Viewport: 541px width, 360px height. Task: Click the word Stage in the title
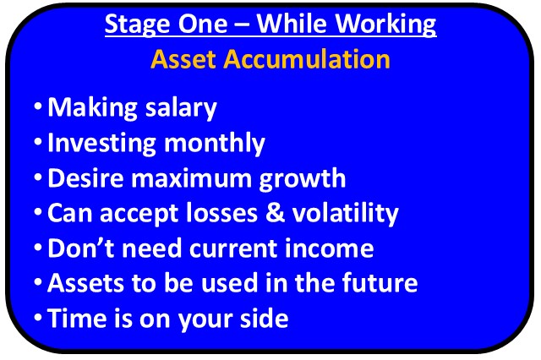(x=137, y=25)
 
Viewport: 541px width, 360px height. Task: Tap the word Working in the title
(x=385, y=25)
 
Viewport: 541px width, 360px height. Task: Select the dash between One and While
(x=242, y=25)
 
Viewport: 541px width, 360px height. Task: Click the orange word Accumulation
(x=306, y=59)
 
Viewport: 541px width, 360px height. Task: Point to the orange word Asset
(x=183, y=59)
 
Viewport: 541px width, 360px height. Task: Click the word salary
(x=181, y=108)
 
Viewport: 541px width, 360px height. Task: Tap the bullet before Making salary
(x=38, y=106)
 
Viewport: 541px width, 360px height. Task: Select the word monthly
(x=215, y=144)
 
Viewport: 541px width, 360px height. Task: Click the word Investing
(x=101, y=144)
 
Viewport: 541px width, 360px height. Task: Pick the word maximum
(x=191, y=179)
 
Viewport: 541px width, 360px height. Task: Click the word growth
(x=303, y=179)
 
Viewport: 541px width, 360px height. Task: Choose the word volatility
(x=346, y=214)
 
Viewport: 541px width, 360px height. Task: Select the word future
(x=380, y=283)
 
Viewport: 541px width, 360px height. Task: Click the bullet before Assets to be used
(x=38, y=281)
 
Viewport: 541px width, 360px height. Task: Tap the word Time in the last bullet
(x=77, y=318)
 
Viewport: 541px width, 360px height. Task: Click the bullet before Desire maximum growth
(x=38, y=177)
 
